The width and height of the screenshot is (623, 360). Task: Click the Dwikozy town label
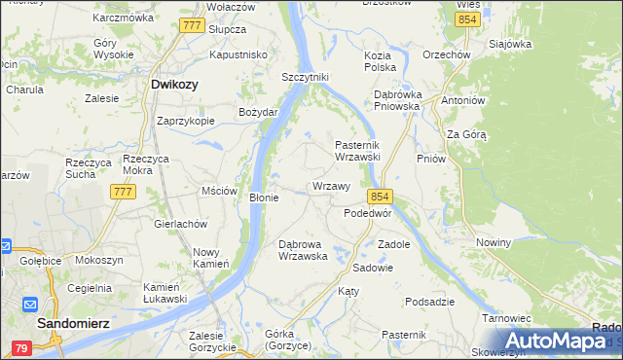pos(174,85)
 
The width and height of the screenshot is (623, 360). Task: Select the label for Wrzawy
pos(330,186)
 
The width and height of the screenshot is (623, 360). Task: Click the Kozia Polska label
pos(380,61)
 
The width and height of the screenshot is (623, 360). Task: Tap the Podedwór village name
pos(368,213)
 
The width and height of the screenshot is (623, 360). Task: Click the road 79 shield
pos(20,347)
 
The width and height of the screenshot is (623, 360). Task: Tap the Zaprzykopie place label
pos(185,122)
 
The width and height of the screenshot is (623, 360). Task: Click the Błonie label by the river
pos(264,198)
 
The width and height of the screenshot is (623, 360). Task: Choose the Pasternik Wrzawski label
pos(363,150)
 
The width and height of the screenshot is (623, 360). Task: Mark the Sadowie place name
pos(373,267)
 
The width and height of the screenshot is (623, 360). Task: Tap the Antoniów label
pos(462,101)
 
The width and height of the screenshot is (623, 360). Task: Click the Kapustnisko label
pos(238,55)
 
